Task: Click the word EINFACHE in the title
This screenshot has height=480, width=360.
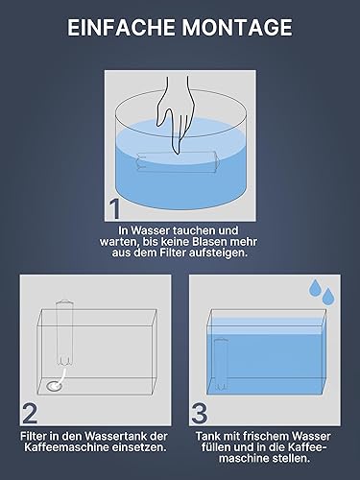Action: point(121,28)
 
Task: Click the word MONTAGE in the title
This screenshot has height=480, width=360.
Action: point(237,28)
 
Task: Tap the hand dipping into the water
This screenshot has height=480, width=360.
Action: point(177,113)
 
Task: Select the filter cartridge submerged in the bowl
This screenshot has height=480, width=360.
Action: point(177,162)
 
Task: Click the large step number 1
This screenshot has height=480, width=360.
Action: point(114,209)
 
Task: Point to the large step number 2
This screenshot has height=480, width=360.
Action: point(30,414)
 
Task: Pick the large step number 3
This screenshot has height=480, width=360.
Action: point(199,414)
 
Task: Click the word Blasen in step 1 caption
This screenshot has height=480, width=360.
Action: point(209,242)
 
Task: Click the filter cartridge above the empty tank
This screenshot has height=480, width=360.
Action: point(65,333)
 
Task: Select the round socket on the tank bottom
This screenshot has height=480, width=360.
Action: point(54,386)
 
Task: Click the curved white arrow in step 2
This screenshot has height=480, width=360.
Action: point(61,378)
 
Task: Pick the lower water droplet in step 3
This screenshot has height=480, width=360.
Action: point(327,297)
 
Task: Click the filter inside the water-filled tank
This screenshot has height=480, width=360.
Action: point(221,365)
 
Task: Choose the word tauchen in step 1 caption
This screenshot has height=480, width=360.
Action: point(195,230)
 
